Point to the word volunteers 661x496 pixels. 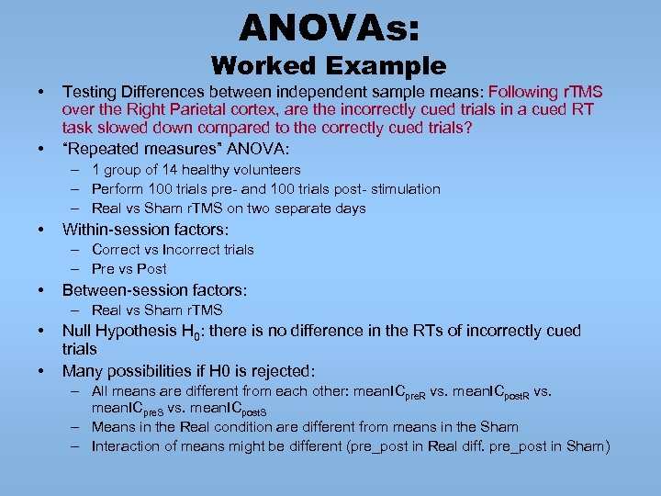click(266, 170)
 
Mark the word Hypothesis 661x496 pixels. click(137, 331)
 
